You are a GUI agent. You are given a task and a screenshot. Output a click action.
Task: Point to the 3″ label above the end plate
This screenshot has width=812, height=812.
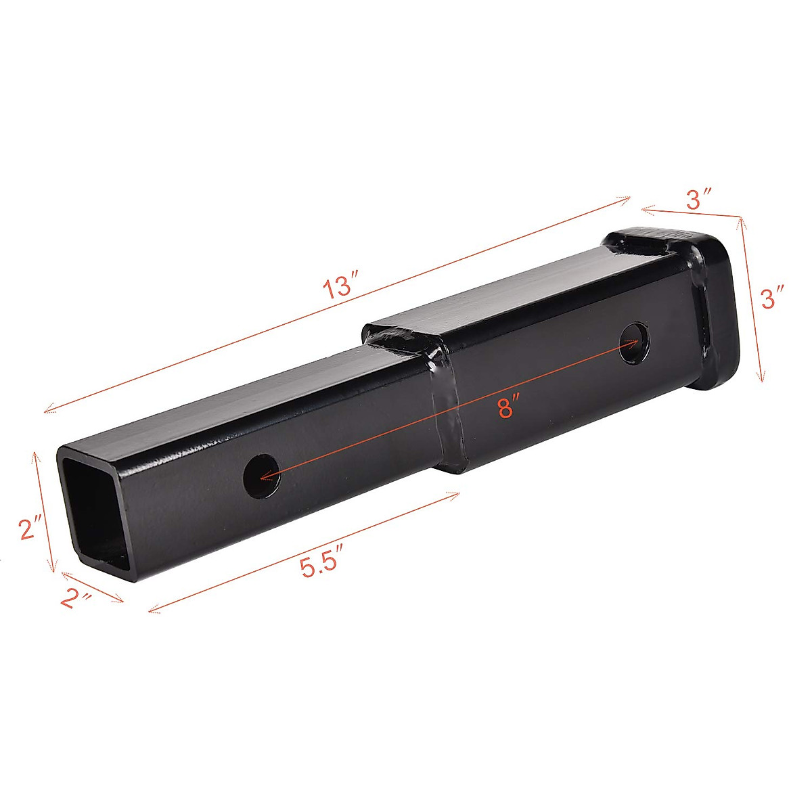(x=698, y=200)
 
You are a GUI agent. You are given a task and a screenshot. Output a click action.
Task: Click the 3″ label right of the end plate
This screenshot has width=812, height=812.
(x=772, y=298)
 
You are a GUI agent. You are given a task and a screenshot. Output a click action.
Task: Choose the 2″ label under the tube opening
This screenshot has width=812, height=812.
(x=74, y=599)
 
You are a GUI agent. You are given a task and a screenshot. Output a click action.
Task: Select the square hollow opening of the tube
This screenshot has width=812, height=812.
(x=95, y=511)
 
